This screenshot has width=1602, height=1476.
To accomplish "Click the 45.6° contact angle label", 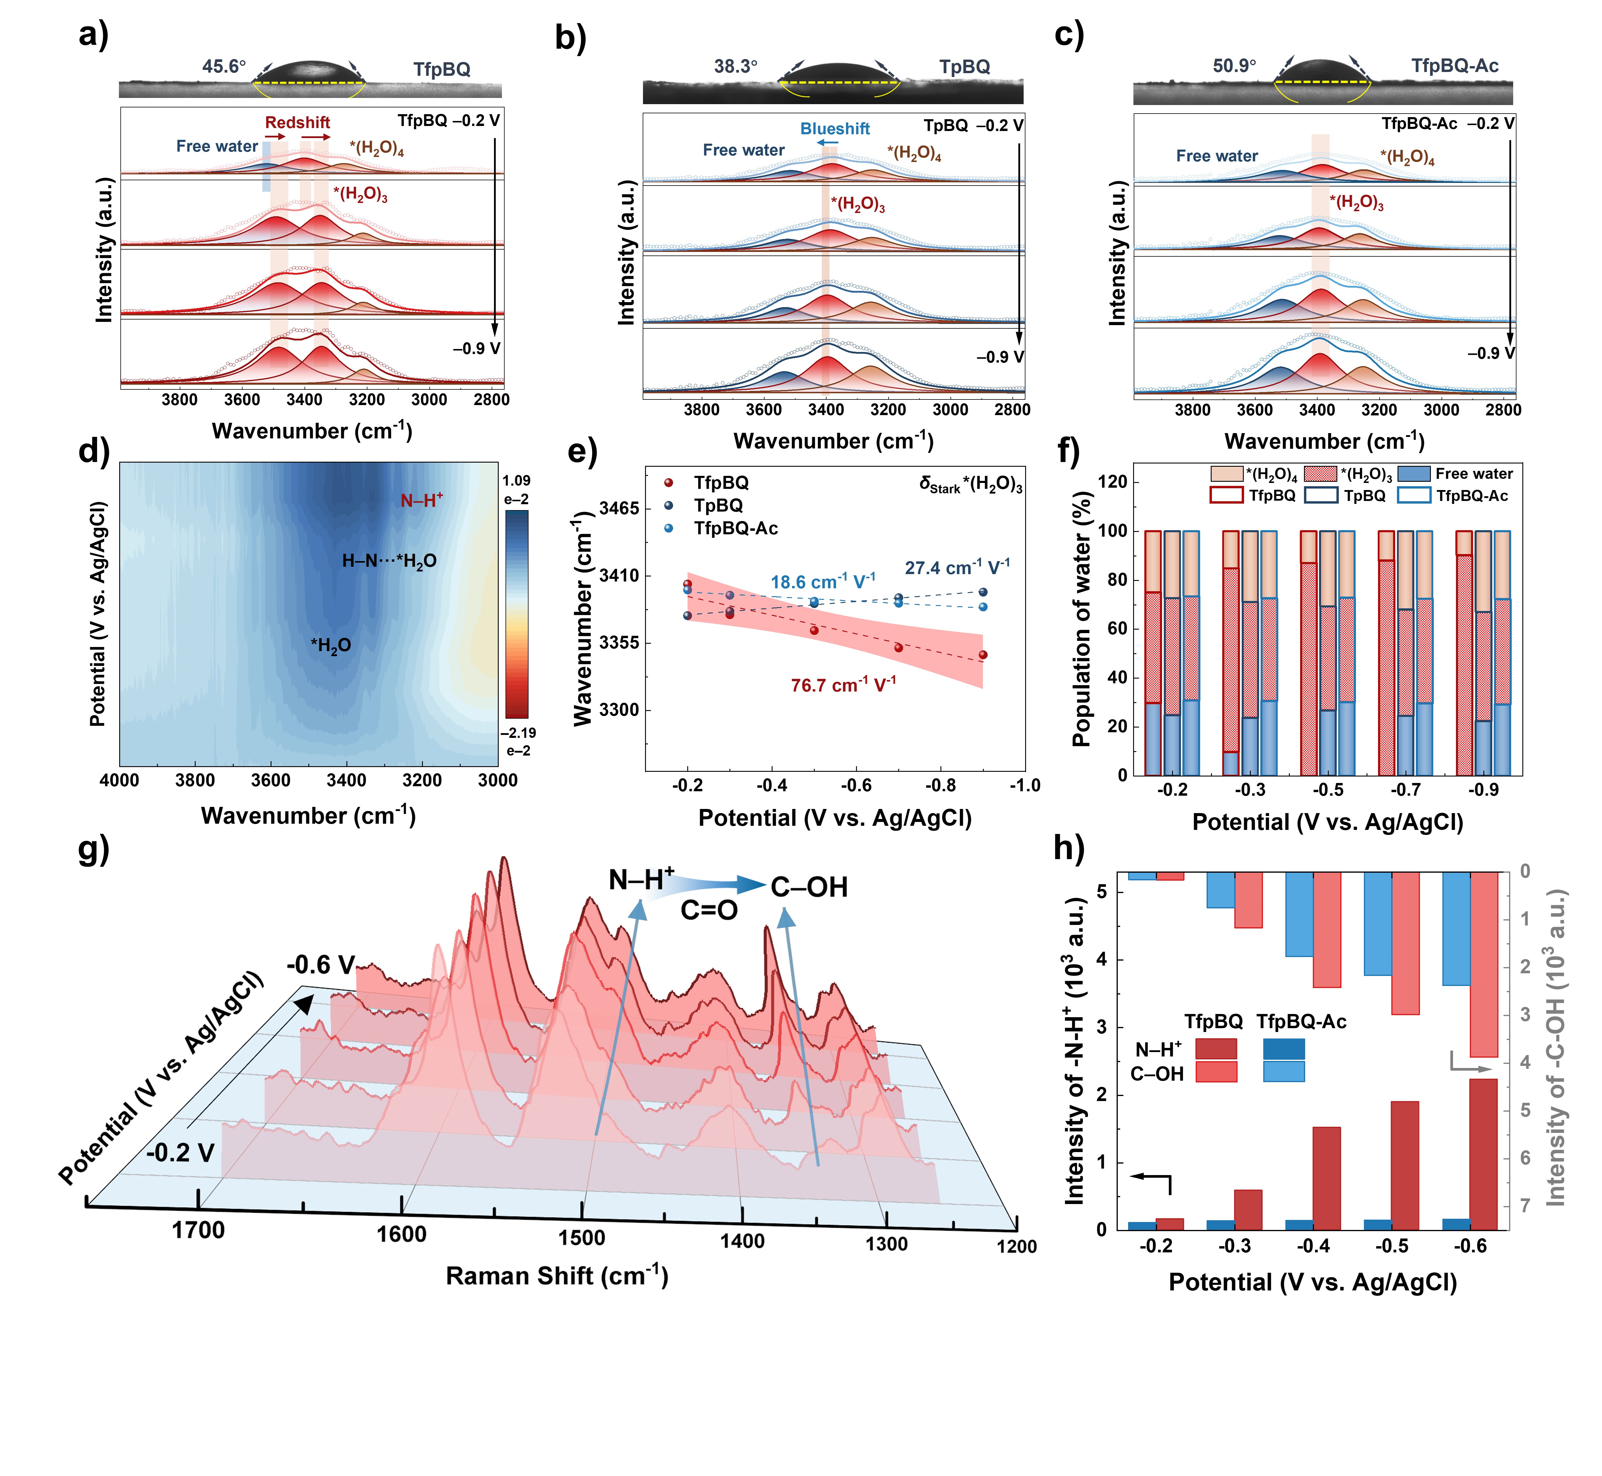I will click(x=224, y=66).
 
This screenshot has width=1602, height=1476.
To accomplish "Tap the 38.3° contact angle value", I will click(x=735, y=66).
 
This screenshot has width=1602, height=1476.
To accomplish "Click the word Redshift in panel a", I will click(x=297, y=122).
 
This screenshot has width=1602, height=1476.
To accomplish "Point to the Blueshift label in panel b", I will click(x=835, y=129).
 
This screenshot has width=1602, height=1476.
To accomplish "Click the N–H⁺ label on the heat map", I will click(x=421, y=501).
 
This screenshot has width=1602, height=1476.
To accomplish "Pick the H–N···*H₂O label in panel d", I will click(x=389, y=561).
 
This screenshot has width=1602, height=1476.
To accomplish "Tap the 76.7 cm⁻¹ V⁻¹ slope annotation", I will click(x=843, y=685).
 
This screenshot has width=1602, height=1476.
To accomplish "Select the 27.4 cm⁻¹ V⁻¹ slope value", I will click(x=956, y=568).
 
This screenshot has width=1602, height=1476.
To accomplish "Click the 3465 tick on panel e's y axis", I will click(x=619, y=509).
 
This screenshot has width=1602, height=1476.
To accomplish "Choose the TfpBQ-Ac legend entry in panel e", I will click(x=735, y=528).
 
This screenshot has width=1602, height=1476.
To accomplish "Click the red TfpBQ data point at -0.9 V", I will click(x=983, y=655).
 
